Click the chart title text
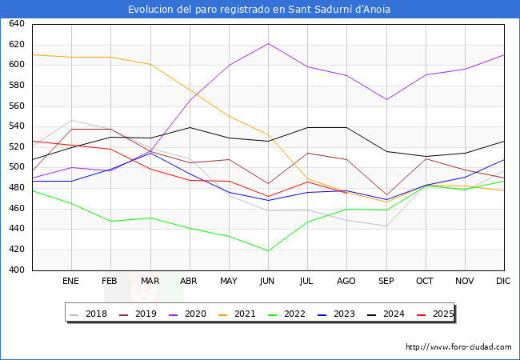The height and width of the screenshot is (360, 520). tap(260, 10)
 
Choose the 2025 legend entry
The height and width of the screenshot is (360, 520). tap(442, 314)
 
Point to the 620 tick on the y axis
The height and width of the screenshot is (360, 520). tap(17, 45)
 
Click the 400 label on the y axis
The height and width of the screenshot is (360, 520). tap(17, 270)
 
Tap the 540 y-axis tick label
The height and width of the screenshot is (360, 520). tap(17, 126)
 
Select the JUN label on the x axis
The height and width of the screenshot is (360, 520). tap(267, 282)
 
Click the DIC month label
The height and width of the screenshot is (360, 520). tap(504, 282)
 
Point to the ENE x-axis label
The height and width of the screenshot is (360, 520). tap(71, 282)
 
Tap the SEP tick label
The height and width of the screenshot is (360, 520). tap(386, 282)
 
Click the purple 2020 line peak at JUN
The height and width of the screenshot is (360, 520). tap(268, 43)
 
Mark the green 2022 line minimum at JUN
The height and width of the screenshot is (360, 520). tap(268, 250)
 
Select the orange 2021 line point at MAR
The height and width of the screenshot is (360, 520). tap(150, 64)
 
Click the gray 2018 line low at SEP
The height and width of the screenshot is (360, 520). tap(386, 226)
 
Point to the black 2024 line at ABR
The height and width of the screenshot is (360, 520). tap(190, 127)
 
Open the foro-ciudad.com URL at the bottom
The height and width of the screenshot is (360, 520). tap(458, 347)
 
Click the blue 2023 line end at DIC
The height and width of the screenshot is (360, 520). tap(504, 159)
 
